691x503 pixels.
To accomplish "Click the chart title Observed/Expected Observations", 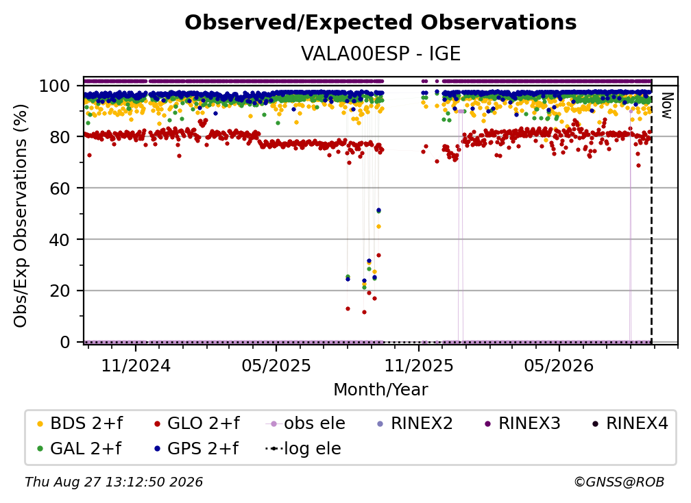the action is tap(380, 23).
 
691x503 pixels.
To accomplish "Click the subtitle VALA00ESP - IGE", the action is tap(380, 53).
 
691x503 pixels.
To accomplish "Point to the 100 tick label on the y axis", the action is tap(55, 86).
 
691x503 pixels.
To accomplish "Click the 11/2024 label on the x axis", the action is tap(136, 365).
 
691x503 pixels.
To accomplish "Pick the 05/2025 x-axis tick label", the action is tap(276, 365).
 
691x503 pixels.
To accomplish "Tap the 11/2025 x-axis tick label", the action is tap(419, 365).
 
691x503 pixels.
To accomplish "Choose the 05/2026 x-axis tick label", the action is tap(559, 365).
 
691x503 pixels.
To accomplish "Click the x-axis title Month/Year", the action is tap(380, 390).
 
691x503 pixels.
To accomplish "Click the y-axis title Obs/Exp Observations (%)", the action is tap(21, 215).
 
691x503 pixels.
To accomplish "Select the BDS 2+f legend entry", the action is tap(80, 424).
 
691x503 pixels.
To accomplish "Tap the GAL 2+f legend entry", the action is tap(80, 448).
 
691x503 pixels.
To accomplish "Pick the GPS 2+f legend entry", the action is tap(196, 448).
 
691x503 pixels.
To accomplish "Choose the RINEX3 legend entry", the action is tap(522, 424).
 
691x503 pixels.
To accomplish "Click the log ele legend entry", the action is tap(303, 448).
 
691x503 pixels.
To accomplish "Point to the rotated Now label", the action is tap(667, 106).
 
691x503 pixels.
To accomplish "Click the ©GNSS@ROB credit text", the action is tap(619, 482).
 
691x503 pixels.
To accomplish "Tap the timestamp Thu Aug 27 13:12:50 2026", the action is tap(114, 482).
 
